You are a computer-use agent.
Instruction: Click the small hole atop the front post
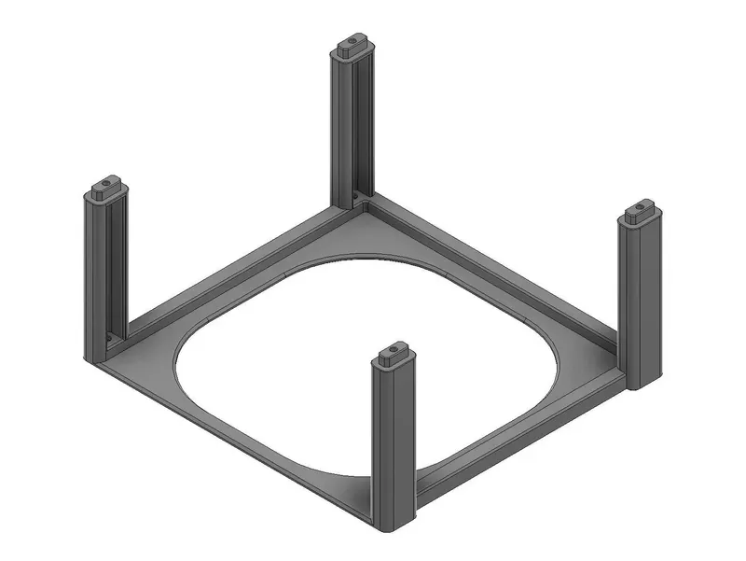coord(392,351)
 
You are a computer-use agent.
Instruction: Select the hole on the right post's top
coord(641,207)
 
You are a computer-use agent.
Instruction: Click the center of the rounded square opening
coord(368,369)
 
